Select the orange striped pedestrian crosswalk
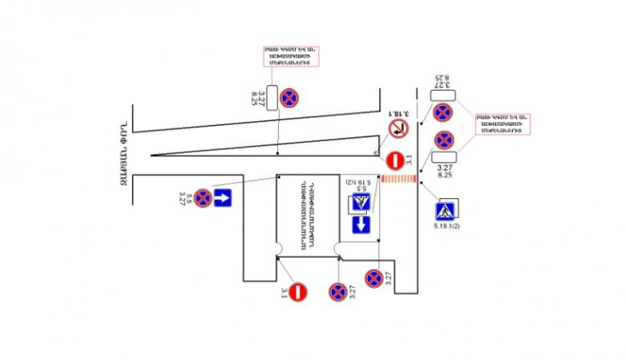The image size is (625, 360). point(397,180)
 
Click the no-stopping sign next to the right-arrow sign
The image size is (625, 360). point(204,197)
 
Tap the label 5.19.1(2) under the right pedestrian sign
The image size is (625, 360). point(446,229)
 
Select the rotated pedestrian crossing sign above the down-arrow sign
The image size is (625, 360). point(361,204)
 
